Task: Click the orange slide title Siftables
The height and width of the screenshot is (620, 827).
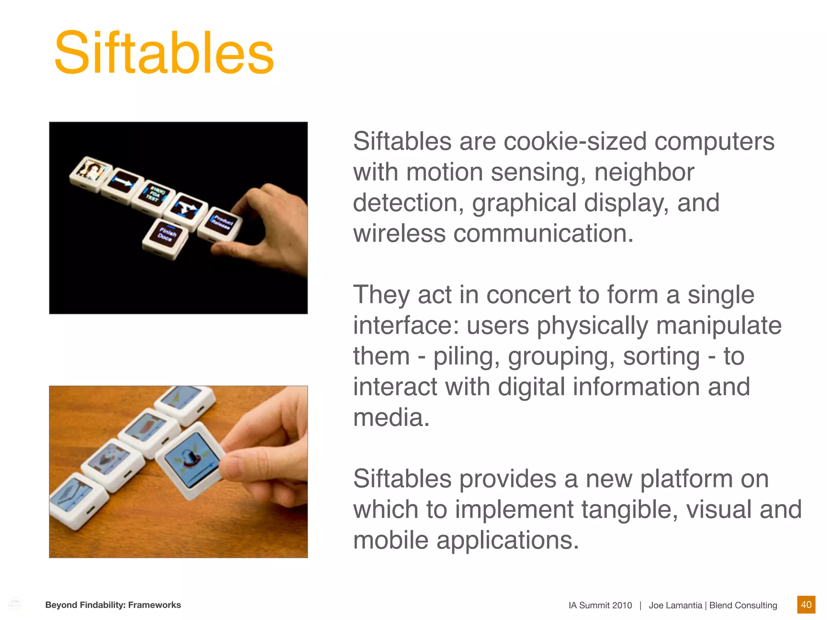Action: pos(164,53)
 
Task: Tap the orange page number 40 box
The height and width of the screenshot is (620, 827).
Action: pos(806,605)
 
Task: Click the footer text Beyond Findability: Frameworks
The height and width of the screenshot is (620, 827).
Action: pos(113,605)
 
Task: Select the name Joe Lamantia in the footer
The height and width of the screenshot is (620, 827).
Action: pos(675,605)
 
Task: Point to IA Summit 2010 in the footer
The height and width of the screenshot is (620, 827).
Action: pos(600,605)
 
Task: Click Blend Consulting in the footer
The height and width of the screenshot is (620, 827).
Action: pos(743,605)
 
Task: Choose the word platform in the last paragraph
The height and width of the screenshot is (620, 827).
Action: pos(686,479)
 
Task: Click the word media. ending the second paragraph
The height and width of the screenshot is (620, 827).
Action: pos(391,418)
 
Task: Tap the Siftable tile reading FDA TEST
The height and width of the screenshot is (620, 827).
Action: pos(154,194)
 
